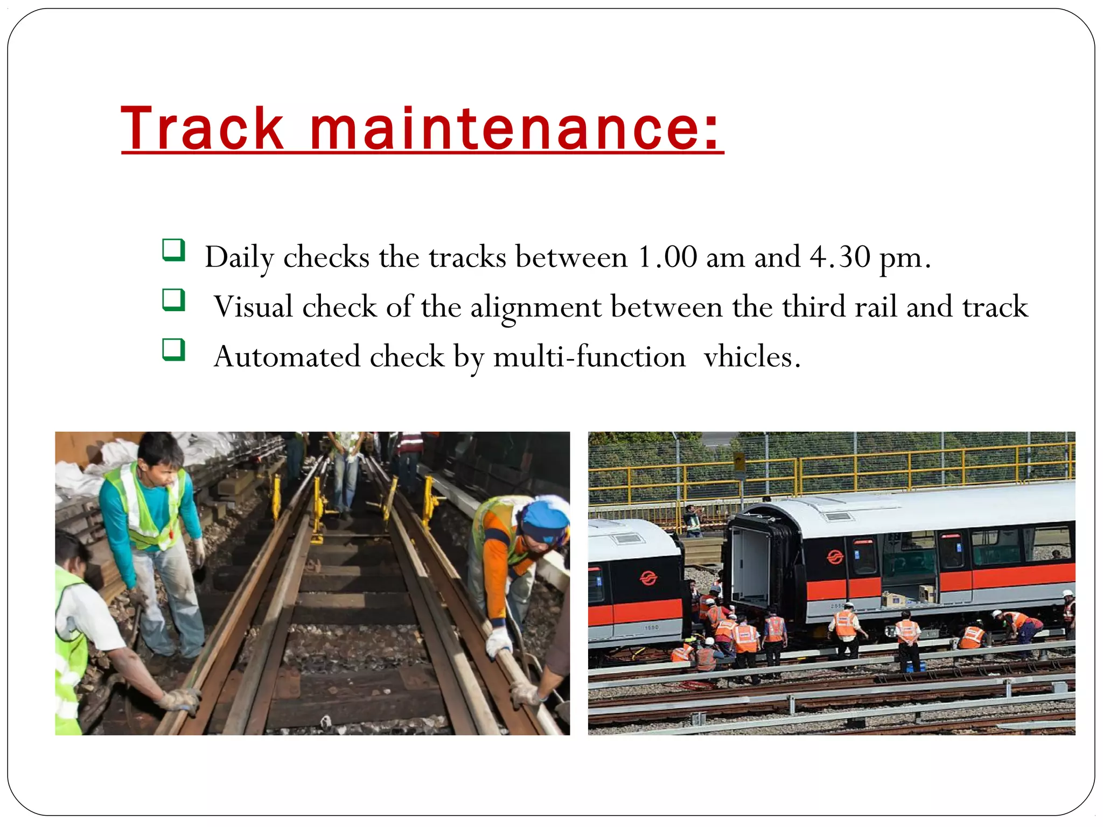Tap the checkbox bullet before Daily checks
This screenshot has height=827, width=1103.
pos(173,250)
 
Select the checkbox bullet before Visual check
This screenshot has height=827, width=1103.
pos(173,300)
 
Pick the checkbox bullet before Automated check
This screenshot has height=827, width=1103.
pos(173,350)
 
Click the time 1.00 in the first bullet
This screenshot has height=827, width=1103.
pos(667,257)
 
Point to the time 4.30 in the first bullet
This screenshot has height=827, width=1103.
pos(839,257)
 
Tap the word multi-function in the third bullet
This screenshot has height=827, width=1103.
pos(589,357)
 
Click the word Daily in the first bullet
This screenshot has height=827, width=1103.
pos(239,257)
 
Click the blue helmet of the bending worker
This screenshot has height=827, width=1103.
pos(544,520)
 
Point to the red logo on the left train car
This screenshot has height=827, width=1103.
pos(648,578)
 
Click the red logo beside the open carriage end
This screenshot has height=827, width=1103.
pos(835,557)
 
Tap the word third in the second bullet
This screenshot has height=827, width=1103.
pos(813,307)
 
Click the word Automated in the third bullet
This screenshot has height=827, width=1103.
pos(287,357)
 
